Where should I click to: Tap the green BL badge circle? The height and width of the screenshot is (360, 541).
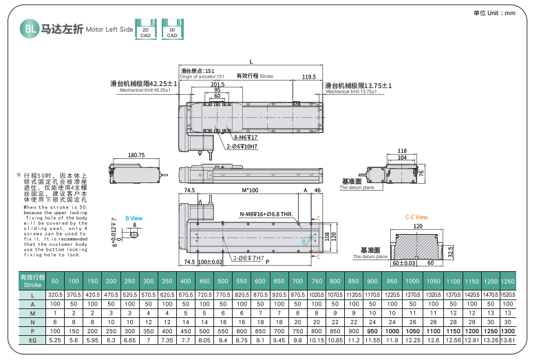pos(29,29)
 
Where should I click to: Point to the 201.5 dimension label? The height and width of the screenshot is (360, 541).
pos(218,85)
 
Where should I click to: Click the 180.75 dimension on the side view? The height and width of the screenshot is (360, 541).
pos(136,156)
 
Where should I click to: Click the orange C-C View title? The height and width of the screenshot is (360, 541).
pos(416,218)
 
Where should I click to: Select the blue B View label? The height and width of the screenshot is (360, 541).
pos(134,218)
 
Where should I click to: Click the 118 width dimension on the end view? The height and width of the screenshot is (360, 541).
pos(403,150)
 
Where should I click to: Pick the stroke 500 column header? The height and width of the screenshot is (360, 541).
pos(222,282)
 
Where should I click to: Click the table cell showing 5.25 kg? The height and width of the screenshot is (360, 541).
pos(55,340)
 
